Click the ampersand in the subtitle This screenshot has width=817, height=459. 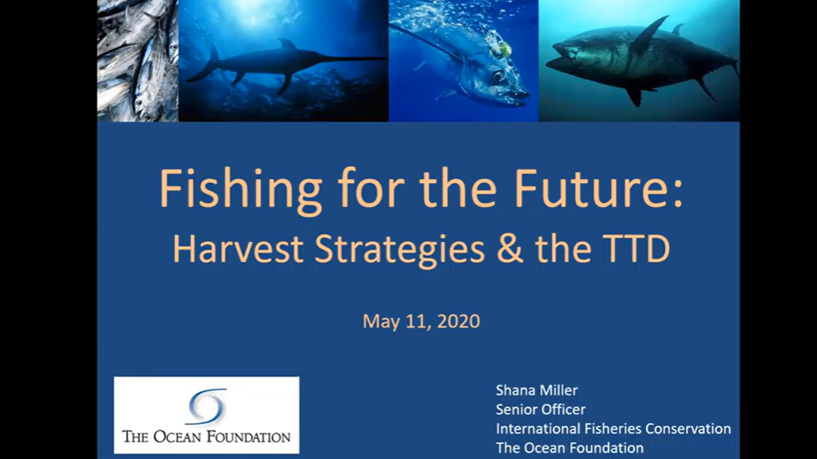509,249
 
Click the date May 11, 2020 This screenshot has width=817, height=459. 421,321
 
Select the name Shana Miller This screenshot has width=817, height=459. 536,391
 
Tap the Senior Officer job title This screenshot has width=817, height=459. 540,410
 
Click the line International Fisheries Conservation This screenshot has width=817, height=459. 613,429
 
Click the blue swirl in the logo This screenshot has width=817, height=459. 207,406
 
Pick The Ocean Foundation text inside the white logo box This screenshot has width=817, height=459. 206,436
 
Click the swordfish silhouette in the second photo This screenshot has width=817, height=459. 284,63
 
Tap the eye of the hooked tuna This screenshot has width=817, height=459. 497,77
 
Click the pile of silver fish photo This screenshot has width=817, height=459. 138,60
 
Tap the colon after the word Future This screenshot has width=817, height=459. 677,194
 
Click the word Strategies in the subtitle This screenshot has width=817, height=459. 400,249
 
